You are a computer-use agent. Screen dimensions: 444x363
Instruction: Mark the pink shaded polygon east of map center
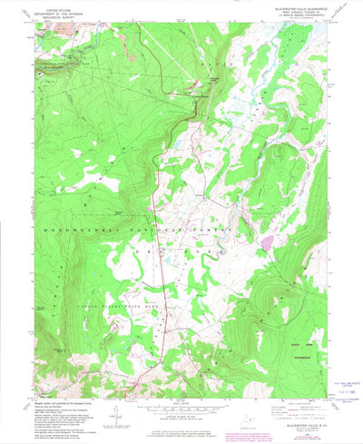(267, 242)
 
